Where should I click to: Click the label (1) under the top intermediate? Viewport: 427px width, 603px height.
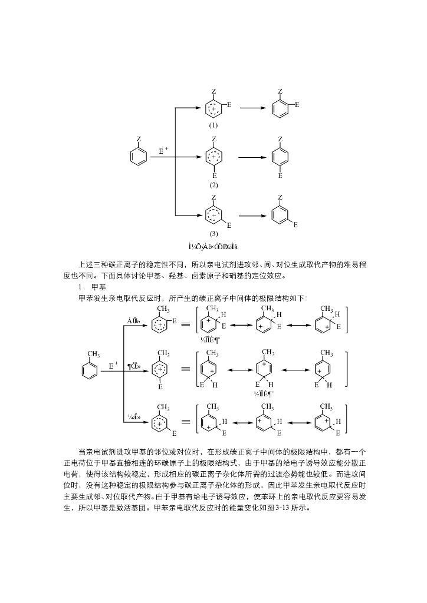[x=213, y=125]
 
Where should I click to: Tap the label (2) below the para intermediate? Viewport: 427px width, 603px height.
[x=213, y=185]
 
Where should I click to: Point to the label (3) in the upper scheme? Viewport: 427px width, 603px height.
[x=213, y=234]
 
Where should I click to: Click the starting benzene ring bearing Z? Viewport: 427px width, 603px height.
[x=138, y=156]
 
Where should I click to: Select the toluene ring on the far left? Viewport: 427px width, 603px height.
[x=90, y=370]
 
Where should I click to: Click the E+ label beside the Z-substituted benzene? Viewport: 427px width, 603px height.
[x=163, y=151]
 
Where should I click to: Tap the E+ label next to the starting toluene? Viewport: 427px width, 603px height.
[x=113, y=365]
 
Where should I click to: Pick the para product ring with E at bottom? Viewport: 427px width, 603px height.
[x=280, y=157]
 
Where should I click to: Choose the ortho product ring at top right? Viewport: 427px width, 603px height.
[x=280, y=108]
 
